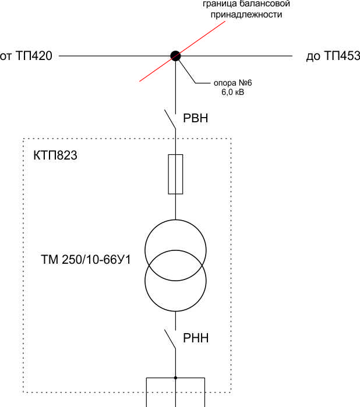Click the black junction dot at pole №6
point(175,56)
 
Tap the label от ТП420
point(26,56)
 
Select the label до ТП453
point(333,56)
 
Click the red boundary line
point(182,51)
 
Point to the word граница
point(220,4)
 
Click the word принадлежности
point(246,15)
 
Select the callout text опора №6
point(233,83)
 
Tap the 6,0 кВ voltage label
point(233,92)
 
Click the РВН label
point(196,118)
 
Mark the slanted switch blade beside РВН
point(170,119)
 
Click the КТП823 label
point(55,155)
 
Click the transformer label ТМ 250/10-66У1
point(86,260)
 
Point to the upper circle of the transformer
point(175,220)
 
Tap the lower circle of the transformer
point(175,312)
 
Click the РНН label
point(196,338)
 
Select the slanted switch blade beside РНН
point(170,339)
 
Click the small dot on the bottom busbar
point(175,378)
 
